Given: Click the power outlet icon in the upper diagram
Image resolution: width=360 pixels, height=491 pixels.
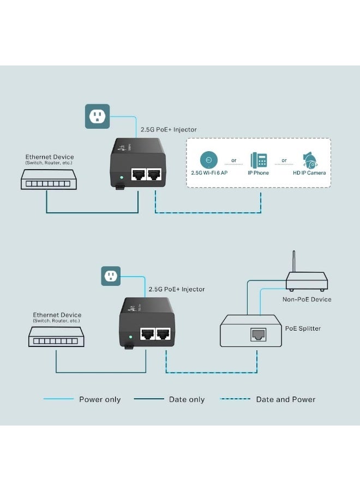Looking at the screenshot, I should (97, 116).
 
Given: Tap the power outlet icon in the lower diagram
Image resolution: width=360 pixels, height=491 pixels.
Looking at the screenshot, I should (111, 276).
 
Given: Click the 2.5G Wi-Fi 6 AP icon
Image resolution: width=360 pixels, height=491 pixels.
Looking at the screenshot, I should (208, 160).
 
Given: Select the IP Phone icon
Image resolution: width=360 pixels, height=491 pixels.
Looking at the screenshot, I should (259, 160).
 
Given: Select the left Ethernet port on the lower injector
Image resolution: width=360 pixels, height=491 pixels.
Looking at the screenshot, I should (147, 334).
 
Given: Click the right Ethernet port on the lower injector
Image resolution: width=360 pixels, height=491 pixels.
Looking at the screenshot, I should (163, 334).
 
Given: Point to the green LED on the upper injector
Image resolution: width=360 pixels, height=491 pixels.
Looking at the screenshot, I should (122, 177).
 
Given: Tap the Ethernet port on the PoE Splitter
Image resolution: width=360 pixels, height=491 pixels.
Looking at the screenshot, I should (257, 335).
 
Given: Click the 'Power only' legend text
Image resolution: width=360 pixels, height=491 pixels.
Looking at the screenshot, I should (100, 399).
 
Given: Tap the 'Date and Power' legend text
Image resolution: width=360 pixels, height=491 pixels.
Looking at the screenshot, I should (285, 399).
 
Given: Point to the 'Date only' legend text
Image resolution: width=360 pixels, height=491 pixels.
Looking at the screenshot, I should (187, 399).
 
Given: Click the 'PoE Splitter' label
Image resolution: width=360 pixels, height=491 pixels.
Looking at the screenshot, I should (303, 328).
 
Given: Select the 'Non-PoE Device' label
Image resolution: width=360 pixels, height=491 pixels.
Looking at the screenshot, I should (307, 299).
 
